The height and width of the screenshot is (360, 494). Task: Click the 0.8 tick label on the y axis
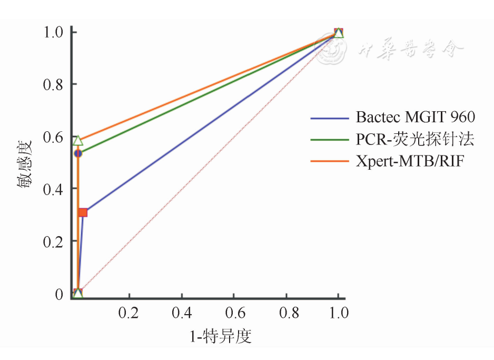53,84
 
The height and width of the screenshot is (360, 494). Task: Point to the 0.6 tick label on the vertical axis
53,137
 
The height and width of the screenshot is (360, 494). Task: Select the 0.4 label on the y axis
53,189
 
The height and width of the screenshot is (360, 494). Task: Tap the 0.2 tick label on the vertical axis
53,241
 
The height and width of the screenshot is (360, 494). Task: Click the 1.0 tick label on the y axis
53,32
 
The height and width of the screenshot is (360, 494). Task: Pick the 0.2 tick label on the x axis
129,313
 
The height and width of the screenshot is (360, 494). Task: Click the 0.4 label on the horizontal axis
181,313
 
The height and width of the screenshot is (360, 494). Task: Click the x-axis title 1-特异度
220,336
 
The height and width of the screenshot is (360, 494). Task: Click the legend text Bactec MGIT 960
416,117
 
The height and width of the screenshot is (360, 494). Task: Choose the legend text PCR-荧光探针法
416,140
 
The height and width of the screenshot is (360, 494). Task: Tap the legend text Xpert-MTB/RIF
410,161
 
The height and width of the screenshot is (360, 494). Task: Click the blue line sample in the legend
330,118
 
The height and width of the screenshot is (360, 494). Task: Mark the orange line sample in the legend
330,161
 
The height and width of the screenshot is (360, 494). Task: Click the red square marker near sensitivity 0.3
83,212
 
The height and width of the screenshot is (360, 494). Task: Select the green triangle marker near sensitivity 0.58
78,141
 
